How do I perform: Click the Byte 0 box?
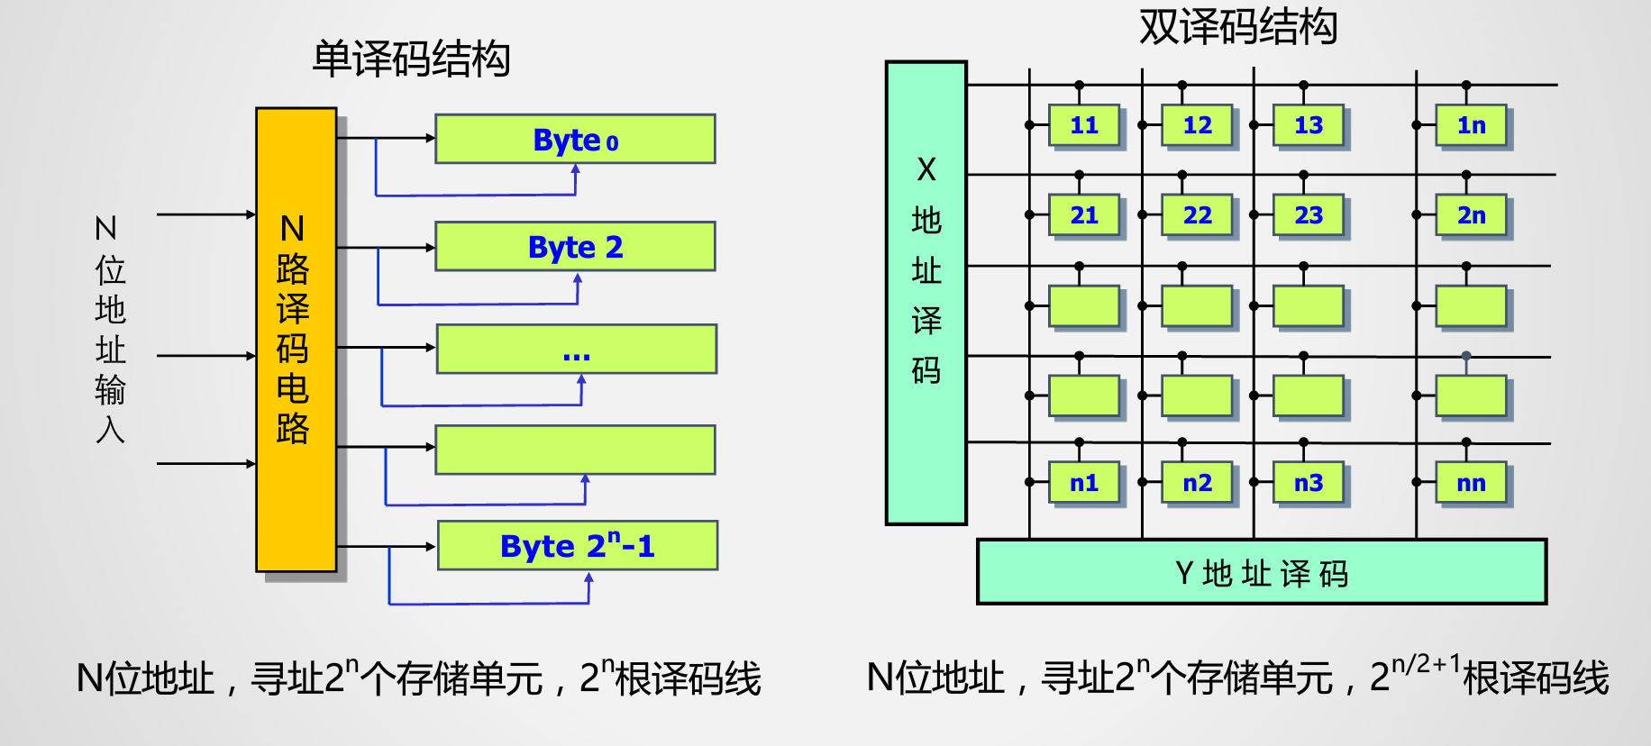point(575,139)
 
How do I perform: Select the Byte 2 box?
point(575,246)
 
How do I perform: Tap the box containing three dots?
point(576,349)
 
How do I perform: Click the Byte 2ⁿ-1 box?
point(577,545)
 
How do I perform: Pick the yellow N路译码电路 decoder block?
point(296,340)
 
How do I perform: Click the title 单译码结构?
point(411,59)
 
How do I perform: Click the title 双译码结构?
point(1237,26)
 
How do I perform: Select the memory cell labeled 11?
point(1084,125)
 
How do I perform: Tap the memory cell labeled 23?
point(1309,215)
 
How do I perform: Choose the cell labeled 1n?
point(1471,125)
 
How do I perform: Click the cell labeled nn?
point(1471,483)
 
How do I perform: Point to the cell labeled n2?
point(1197,483)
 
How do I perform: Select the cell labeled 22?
point(1197,215)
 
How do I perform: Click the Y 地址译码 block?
point(1262,572)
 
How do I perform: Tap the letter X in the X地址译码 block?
point(926,169)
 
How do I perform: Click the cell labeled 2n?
point(1471,215)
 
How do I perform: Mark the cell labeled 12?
point(1197,125)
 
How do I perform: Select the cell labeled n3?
point(1309,483)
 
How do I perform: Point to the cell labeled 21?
point(1084,215)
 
